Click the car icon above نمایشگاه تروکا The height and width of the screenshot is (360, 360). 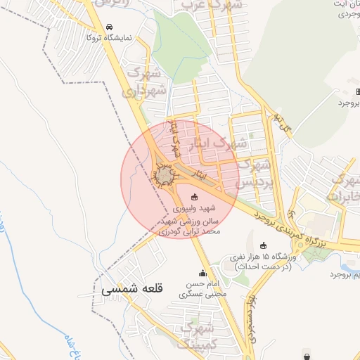pos(108,27)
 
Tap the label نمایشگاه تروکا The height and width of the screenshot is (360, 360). pos(108,38)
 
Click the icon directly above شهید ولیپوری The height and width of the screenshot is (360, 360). pos(195,197)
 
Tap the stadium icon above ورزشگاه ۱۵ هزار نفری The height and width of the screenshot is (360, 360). pos(264,245)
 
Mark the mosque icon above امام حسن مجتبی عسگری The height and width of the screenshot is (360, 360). pos(203,274)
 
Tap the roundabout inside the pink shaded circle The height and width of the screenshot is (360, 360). pos(165,174)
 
